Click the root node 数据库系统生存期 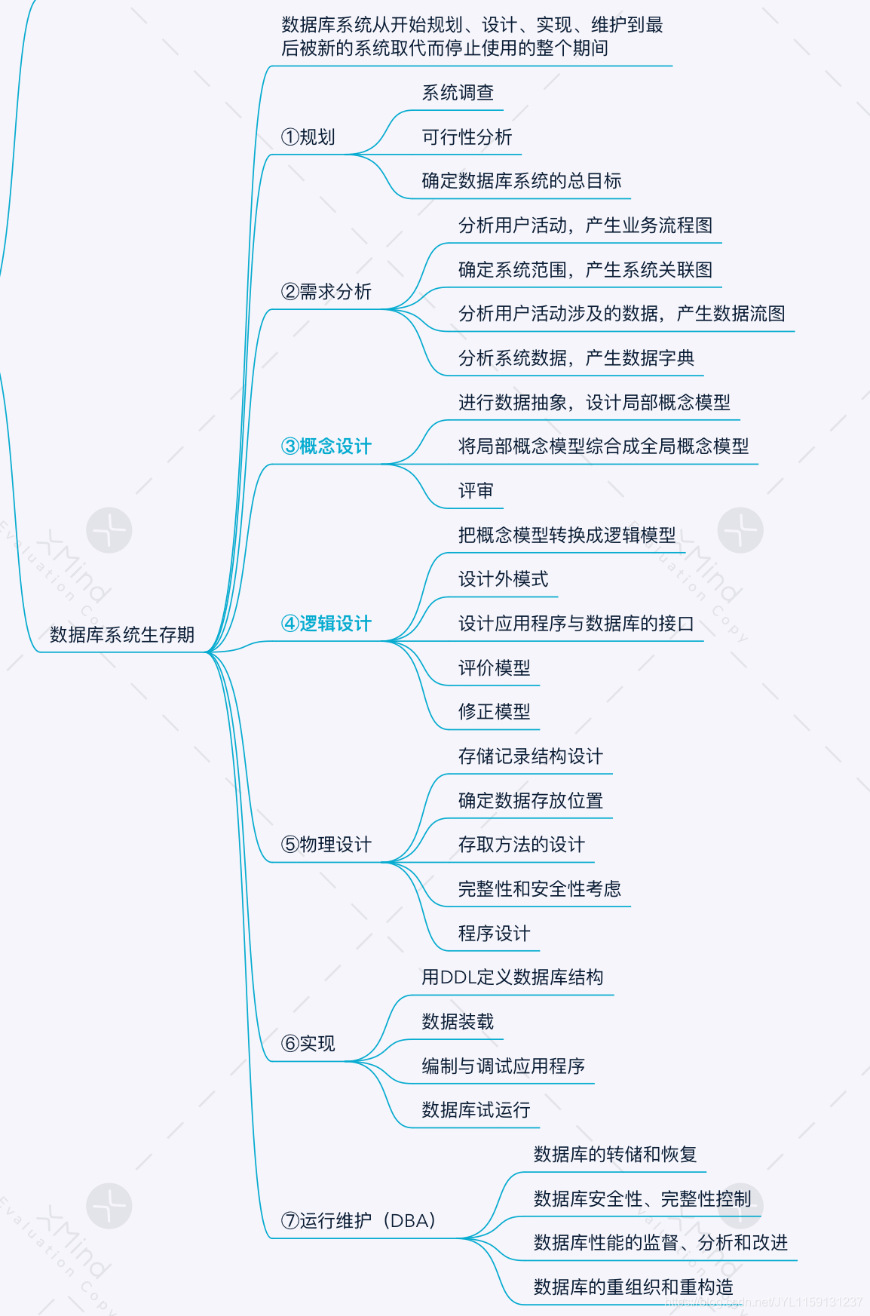(x=122, y=635)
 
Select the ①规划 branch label (x=308, y=137)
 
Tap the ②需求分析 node (x=326, y=292)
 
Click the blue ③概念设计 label (x=326, y=446)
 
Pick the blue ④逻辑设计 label (x=326, y=624)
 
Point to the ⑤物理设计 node (x=326, y=845)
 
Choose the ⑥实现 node (x=308, y=1044)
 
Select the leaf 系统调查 (x=458, y=93)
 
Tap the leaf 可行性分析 (x=467, y=137)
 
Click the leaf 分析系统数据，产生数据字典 (x=576, y=358)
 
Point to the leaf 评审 (x=476, y=491)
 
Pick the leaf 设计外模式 (x=503, y=579)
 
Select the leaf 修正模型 (x=494, y=712)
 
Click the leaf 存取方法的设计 (x=521, y=845)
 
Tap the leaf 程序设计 (x=494, y=934)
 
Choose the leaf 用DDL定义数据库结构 (x=513, y=977)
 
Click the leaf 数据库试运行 (x=476, y=1110)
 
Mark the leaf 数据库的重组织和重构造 (x=633, y=1287)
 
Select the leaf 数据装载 (x=458, y=1022)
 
